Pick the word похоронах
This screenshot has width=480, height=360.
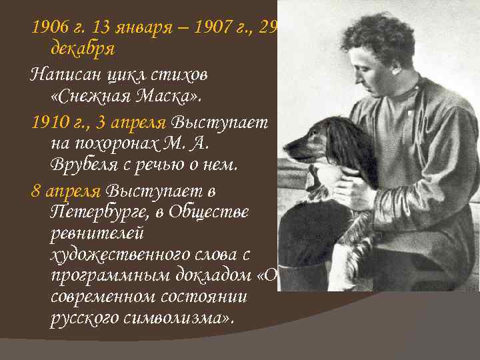click(109, 143)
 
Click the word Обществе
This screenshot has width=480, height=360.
click(201, 212)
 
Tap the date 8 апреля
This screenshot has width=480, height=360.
click(65, 191)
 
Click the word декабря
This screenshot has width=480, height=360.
click(83, 48)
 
